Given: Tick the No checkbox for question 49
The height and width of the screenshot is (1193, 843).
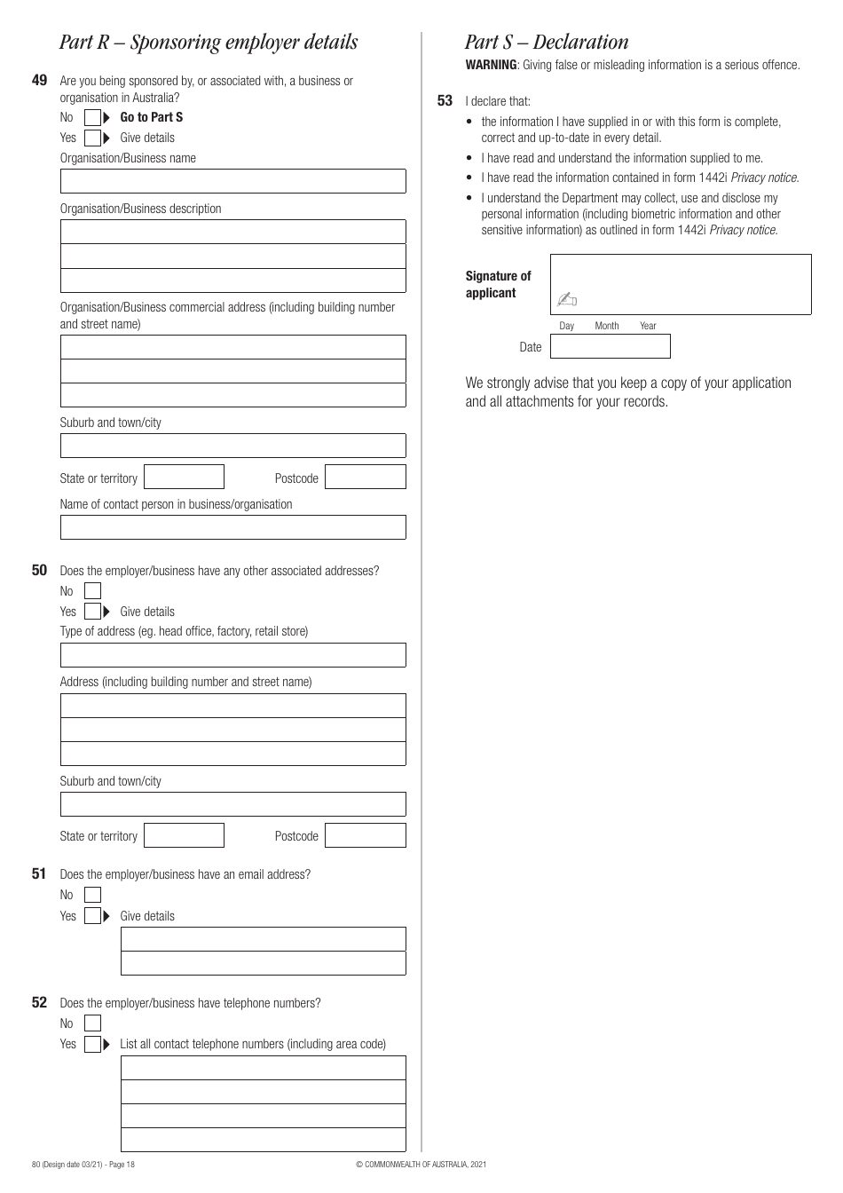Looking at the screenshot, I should point(93,117).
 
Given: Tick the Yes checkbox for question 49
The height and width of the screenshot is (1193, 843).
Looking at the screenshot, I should point(93,138).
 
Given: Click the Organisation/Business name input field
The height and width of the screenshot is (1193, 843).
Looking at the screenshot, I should point(232,181).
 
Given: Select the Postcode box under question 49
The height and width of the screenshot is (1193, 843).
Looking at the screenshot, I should point(365,478).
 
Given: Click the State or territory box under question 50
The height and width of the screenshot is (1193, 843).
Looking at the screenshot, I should point(184,835).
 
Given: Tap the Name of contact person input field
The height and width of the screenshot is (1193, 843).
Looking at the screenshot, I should point(232,527).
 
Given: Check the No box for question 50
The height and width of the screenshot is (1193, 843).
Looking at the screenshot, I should point(93,591).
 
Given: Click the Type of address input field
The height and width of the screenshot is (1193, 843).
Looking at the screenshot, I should point(232,655).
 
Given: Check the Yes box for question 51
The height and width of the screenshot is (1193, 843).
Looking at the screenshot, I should point(93,916).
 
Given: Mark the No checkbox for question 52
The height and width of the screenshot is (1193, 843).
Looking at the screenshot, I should point(93,1023).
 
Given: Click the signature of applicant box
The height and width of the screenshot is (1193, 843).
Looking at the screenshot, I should point(681,284).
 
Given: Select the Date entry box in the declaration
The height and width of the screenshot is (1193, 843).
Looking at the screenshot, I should point(610,346).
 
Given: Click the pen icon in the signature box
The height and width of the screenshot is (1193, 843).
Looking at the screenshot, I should point(567,300).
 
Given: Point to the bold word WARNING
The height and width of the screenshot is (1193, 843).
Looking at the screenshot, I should point(491,65).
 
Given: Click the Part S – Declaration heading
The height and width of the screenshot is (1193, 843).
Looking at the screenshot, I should point(547,42).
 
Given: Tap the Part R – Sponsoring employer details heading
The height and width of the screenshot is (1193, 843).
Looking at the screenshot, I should point(209,42).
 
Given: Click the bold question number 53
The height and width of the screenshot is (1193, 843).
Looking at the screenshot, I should point(445,101).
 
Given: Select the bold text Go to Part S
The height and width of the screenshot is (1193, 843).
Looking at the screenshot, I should point(152,117).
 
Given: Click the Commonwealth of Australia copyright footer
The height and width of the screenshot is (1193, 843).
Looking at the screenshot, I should point(421,1164).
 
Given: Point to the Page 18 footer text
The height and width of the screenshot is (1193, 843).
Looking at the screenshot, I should point(119,1164).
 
